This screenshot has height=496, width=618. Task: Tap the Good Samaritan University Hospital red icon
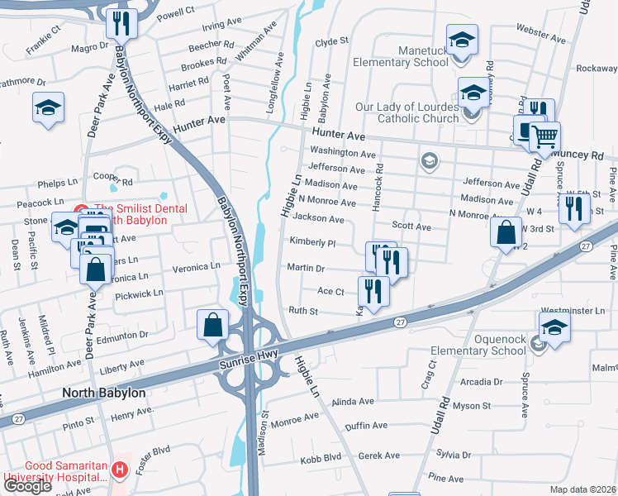[120, 470]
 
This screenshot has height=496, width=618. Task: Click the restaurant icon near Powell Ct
[122, 25]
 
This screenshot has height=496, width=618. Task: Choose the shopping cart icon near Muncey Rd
[544, 136]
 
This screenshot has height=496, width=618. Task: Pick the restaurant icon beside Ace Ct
[373, 292]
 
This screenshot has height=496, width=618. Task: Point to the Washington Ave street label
[343, 152]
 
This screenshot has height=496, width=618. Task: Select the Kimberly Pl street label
[312, 243]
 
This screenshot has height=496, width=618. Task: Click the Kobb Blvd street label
[321, 457]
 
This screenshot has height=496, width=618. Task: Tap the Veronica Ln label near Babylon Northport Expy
[196, 267]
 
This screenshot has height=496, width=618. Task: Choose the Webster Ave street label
[540, 36]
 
